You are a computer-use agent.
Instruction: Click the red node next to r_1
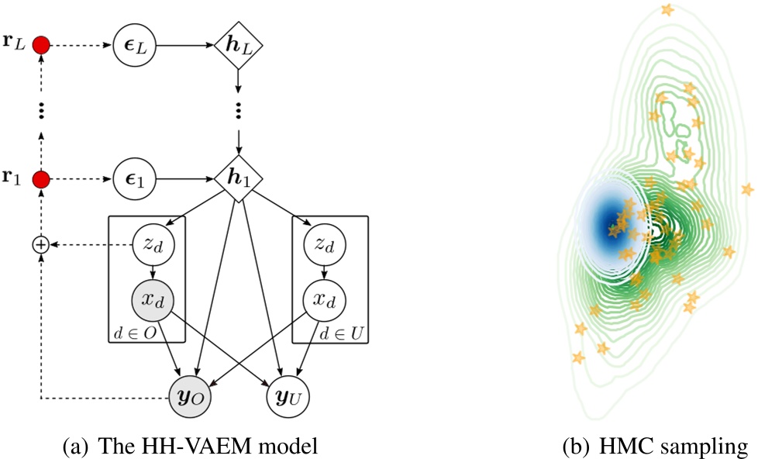click(41, 180)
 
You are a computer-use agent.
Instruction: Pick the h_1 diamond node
click(238, 179)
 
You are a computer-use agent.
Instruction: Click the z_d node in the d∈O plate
click(153, 244)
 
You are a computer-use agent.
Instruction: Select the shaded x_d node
click(153, 299)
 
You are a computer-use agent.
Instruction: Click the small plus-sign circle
click(41, 244)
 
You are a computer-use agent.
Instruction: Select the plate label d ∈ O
click(134, 333)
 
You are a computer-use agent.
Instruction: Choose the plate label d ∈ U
click(341, 333)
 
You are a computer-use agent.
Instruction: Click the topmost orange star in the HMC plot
click(667, 10)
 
